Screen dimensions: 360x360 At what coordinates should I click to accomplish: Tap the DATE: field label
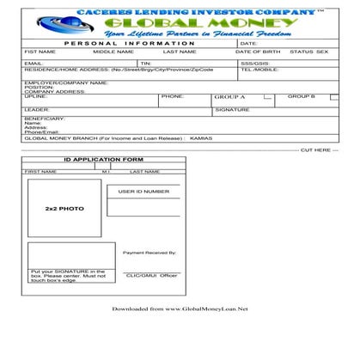click(x=249, y=42)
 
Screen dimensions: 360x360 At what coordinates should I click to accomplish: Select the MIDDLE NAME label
click(x=113, y=52)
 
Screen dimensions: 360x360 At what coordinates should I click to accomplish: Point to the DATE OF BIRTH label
click(x=258, y=52)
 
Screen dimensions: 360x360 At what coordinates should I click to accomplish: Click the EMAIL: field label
click(x=34, y=63)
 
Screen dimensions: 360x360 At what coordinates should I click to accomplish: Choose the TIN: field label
click(x=146, y=63)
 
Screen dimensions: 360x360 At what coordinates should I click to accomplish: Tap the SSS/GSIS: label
click(x=253, y=63)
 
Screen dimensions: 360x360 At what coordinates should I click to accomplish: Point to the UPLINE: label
click(x=36, y=96)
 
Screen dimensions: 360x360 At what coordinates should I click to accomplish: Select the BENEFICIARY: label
click(x=44, y=118)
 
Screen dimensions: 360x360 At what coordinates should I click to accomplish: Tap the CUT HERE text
click(x=314, y=149)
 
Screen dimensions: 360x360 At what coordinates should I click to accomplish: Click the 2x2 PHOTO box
click(x=64, y=208)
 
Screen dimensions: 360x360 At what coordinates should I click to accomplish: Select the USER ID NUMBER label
click(x=143, y=191)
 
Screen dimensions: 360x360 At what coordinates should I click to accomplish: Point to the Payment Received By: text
click(x=149, y=253)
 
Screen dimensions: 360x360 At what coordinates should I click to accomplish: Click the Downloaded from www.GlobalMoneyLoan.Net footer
click(x=180, y=308)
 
